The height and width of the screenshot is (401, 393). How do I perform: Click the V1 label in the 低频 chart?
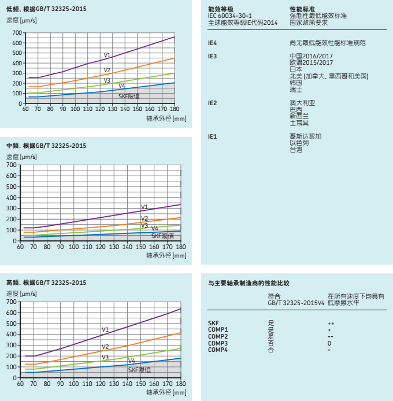(x=107, y=55)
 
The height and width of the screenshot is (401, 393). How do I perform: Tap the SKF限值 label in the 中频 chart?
(x=162, y=236)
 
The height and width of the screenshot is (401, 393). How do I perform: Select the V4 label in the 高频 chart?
(x=131, y=361)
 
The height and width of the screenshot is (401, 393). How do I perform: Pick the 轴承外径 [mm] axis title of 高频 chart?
(x=166, y=392)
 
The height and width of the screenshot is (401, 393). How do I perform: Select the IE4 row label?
(x=213, y=43)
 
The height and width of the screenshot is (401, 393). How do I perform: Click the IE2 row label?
(x=213, y=102)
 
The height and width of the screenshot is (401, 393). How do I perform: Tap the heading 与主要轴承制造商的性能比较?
(x=249, y=283)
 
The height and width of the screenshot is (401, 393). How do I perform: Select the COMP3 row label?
(x=218, y=343)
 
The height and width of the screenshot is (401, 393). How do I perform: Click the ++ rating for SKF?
(x=331, y=324)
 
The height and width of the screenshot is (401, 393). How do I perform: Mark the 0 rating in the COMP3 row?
(x=329, y=343)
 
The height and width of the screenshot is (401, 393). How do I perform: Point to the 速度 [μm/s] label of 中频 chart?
(x=21, y=157)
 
